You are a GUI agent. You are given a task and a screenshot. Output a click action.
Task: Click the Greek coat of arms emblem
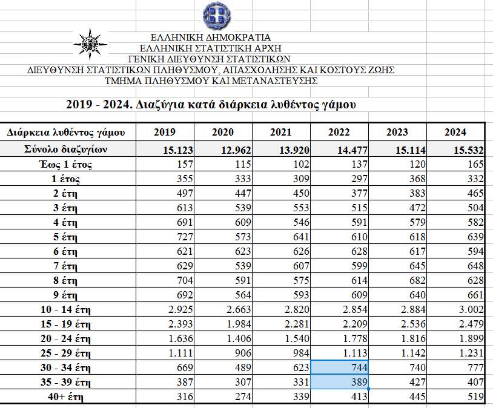pos(216,15)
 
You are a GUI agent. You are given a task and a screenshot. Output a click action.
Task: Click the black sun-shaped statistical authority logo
pos(90,44)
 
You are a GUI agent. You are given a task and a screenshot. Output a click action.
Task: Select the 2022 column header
pos(339,132)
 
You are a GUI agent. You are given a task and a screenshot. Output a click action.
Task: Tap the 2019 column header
pos(165,132)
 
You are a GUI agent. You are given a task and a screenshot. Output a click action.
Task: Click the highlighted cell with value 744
pos(339,367)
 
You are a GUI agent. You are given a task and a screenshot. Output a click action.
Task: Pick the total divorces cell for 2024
pos(469,150)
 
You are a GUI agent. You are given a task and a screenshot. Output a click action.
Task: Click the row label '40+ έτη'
pos(65,396)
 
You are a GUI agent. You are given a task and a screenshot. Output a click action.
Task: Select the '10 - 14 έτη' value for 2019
pos(180,309)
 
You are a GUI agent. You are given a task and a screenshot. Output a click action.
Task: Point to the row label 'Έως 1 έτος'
pos(65,165)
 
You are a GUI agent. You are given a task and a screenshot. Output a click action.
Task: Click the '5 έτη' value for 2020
pos(243,237)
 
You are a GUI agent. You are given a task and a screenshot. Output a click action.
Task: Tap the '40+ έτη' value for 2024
pos(475,396)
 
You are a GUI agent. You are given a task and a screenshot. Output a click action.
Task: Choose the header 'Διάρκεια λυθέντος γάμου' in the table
pos(65,133)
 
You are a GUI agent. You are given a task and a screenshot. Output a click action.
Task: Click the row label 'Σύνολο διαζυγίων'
pos(65,149)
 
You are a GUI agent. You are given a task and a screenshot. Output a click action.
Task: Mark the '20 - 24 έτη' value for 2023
pos(413,338)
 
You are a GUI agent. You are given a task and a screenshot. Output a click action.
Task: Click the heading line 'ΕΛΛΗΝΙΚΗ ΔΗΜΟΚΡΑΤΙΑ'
pos(211,38)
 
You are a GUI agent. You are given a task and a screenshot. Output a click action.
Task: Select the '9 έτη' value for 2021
pos(301,295)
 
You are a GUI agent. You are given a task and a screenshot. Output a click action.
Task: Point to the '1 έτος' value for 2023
pos(417,179)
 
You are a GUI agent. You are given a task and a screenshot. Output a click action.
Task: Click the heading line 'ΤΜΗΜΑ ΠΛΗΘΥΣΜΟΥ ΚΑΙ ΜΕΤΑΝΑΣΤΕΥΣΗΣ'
pos(211,81)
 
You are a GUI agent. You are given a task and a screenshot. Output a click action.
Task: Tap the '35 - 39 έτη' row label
pos(65,382)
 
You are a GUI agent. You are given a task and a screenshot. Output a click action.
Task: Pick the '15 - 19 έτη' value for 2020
pos(239,324)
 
